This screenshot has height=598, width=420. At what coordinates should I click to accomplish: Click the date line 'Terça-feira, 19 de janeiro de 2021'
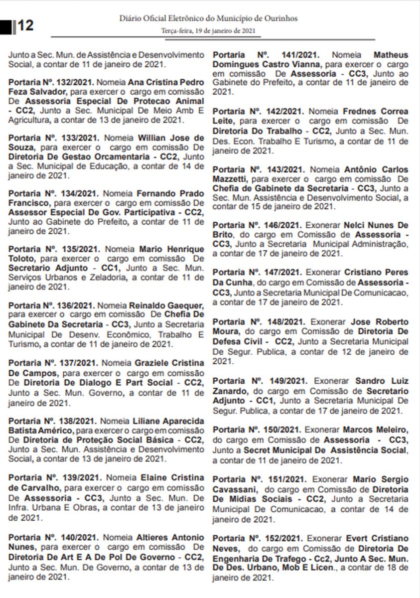pos(208,31)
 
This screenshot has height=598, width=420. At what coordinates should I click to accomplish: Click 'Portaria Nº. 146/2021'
pos(257,225)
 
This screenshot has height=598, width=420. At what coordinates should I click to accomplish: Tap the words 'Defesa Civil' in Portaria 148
pos(236,341)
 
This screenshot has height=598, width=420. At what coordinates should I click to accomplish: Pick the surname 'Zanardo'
pos(230,391)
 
